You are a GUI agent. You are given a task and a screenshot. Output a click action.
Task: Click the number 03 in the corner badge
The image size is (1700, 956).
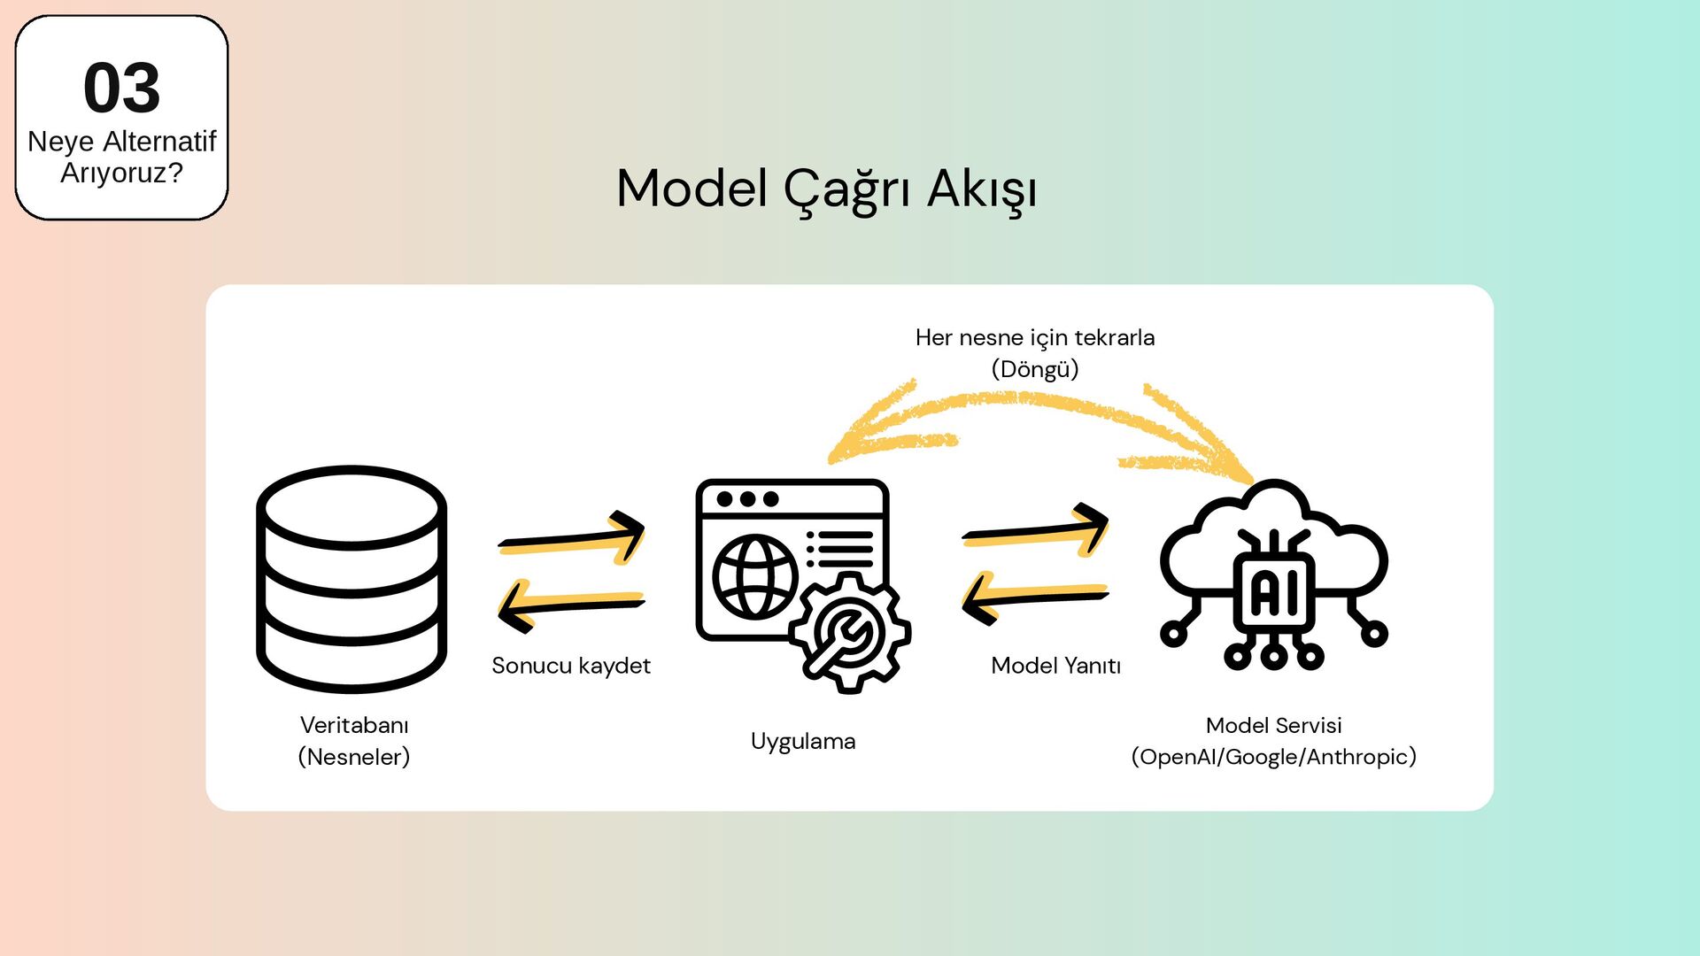click(121, 89)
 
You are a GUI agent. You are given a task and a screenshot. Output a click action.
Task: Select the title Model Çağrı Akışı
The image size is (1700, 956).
click(826, 189)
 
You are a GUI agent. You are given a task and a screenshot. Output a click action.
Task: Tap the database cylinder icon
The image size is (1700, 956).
click(352, 579)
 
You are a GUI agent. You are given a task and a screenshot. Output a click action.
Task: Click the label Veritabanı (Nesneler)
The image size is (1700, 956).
click(354, 741)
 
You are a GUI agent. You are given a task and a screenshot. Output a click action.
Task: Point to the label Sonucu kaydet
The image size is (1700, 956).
click(571, 666)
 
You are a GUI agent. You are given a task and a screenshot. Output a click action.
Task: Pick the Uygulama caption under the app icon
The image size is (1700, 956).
click(803, 741)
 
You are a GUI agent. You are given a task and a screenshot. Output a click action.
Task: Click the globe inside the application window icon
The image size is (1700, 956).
click(755, 576)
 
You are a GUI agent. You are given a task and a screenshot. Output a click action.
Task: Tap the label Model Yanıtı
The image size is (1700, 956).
click(1055, 666)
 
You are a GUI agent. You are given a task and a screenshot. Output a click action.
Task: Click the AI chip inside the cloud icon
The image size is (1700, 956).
click(1274, 592)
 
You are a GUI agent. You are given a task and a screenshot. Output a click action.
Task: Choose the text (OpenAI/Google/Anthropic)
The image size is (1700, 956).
click(1273, 757)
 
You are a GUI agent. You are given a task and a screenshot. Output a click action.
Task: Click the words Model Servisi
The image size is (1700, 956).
click(1273, 726)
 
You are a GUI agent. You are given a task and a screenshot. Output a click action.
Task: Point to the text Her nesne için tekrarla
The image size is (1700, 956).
click(1034, 338)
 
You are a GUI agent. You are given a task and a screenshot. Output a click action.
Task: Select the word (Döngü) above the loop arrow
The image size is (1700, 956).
click(1034, 369)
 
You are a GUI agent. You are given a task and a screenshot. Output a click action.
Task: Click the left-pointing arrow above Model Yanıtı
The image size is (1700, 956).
click(1035, 597)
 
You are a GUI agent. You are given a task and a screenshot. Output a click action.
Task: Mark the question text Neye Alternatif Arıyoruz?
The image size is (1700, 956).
click(121, 157)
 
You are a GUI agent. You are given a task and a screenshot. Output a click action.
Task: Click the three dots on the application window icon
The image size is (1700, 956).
click(747, 499)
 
